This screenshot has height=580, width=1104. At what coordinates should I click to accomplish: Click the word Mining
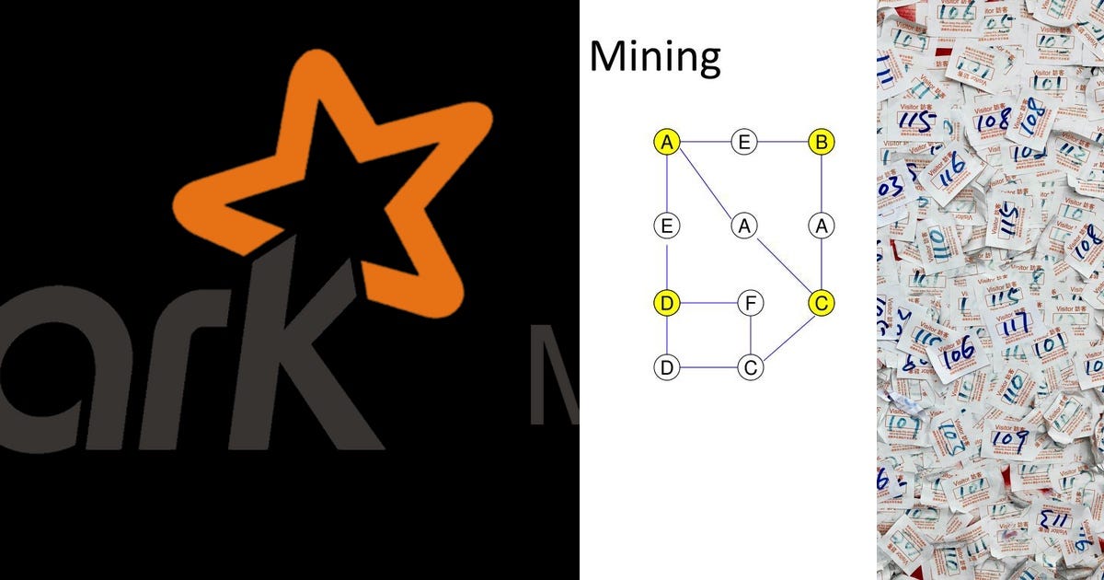[x=654, y=57]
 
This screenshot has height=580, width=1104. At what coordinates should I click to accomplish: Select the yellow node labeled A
[x=667, y=142]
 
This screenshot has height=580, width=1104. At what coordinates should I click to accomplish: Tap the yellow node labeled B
[x=821, y=142]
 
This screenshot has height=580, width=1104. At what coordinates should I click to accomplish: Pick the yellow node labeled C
[x=821, y=302]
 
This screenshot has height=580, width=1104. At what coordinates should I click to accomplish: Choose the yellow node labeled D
[x=667, y=302]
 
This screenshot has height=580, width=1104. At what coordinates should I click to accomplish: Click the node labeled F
[x=751, y=302]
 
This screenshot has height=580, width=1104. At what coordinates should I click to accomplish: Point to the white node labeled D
[x=667, y=367]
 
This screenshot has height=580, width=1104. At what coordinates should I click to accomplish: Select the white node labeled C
[x=751, y=367]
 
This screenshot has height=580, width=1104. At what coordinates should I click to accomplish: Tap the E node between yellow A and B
[x=744, y=142]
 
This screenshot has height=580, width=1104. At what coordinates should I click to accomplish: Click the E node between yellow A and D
[x=667, y=225]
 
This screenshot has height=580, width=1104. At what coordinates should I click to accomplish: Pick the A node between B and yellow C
[x=821, y=225]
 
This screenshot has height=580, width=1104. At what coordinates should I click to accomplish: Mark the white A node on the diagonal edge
[x=744, y=225]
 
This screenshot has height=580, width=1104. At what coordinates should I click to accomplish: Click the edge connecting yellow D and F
[x=708, y=302]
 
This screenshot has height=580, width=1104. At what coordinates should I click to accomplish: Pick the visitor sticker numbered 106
[x=957, y=350]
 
